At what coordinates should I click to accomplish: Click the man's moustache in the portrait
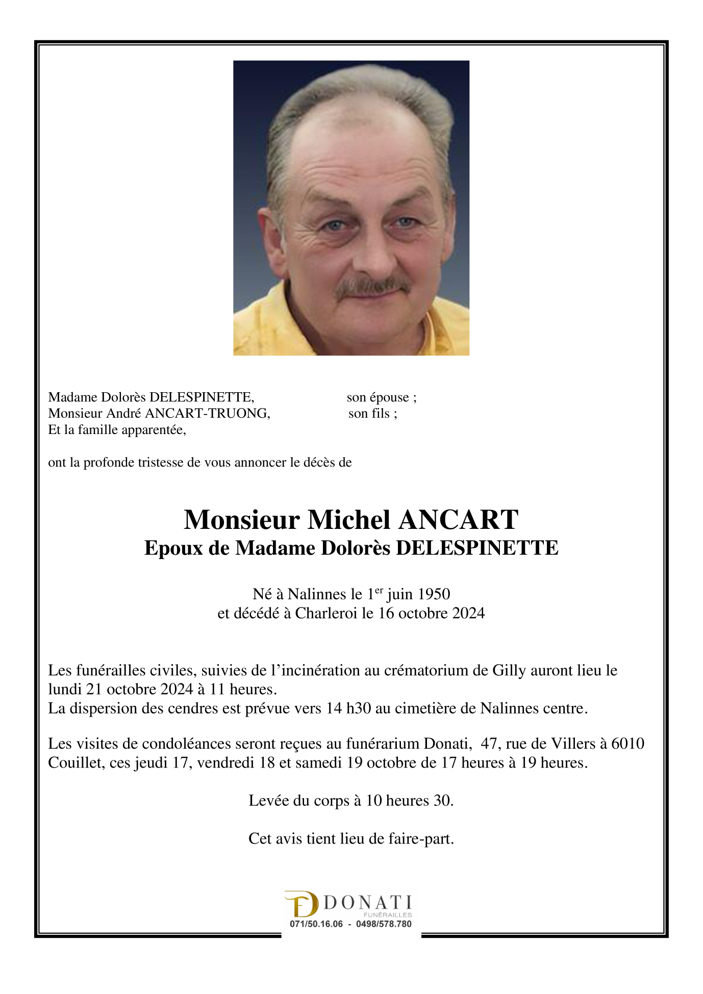372,286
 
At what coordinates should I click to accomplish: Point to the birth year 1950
434,594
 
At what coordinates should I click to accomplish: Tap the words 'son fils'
372,414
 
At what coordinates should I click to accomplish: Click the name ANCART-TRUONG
207,414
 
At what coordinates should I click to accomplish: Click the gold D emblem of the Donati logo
302,904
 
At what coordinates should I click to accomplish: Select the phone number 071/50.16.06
316,924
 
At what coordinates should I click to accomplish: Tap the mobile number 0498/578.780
384,924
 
